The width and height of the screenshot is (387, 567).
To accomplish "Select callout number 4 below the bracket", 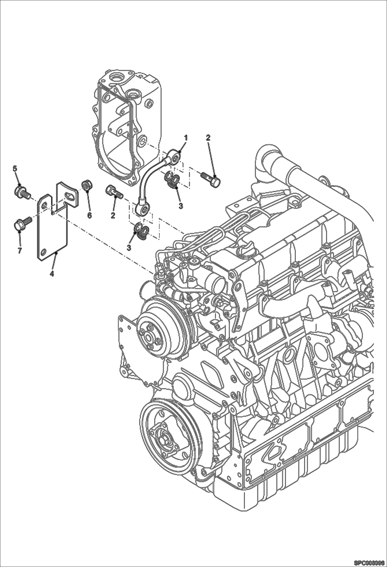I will [52, 274].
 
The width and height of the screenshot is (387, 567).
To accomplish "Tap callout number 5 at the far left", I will [15, 168].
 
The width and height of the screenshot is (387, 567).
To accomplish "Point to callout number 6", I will [89, 215].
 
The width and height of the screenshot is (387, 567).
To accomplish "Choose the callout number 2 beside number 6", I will [113, 215].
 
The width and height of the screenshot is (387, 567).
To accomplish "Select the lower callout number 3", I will [129, 247].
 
